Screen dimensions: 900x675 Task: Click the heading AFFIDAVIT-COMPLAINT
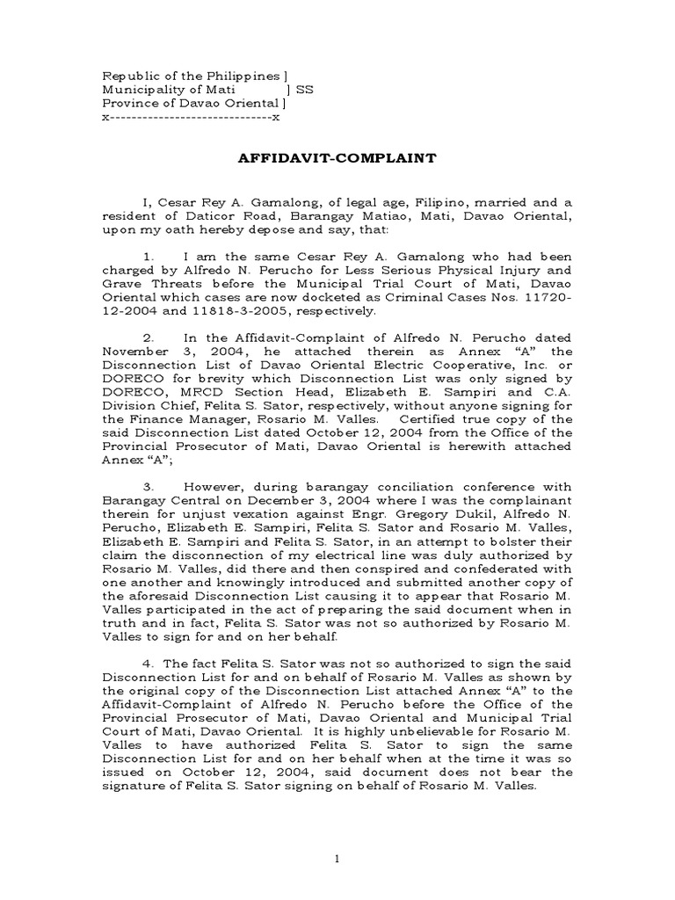pos(337,160)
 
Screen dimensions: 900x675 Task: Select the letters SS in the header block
pos(305,90)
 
